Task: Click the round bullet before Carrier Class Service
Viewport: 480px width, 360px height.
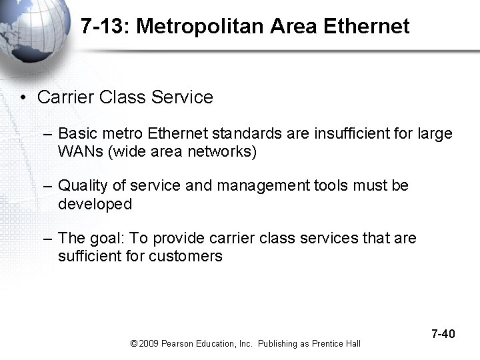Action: click(x=23, y=98)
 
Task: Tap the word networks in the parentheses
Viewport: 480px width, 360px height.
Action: click(x=221, y=151)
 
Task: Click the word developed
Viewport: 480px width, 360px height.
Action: click(x=95, y=204)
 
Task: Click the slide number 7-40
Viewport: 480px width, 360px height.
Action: click(x=443, y=333)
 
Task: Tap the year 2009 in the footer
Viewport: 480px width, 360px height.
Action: click(x=149, y=344)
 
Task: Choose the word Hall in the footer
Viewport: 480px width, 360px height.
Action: click(x=353, y=344)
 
